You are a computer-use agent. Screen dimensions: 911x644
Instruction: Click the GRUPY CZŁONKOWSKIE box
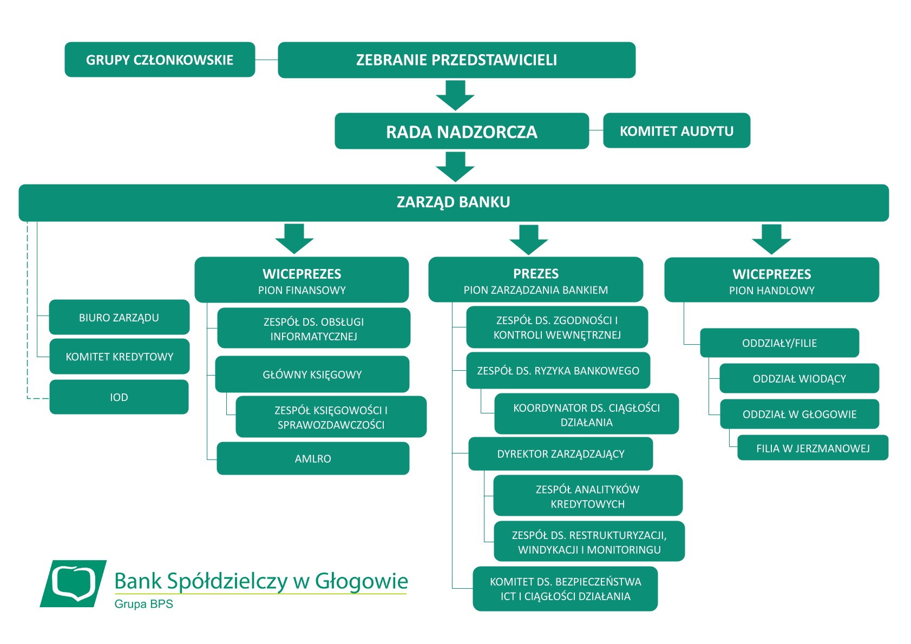pos(160,60)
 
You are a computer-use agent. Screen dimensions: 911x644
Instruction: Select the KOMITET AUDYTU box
pos(677,130)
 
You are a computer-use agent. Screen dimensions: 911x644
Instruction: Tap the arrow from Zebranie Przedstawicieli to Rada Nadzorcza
pos(455,95)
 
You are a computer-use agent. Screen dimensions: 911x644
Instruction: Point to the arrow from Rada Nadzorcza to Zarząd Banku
pos(455,167)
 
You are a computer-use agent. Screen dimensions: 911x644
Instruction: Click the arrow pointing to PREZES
pos(529,240)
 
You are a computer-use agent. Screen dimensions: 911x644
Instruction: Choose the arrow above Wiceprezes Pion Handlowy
pos(771,239)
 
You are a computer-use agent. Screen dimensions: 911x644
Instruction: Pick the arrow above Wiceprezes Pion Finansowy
pos(294,239)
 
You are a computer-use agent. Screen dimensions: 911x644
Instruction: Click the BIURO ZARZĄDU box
pos(119,317)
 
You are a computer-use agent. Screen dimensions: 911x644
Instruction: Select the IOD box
pos(119,397)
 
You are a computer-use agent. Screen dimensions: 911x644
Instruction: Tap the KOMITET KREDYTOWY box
pos(120,357)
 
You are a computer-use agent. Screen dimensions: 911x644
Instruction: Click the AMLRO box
pos(313,458)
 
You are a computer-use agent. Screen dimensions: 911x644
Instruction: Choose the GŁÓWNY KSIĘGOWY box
pos(312,374)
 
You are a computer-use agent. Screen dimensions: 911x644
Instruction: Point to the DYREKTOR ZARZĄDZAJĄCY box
pos(561,454)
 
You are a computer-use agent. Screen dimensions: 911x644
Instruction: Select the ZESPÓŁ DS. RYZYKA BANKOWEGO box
pos(558,370)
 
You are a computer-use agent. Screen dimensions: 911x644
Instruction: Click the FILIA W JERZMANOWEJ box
pos(813,448)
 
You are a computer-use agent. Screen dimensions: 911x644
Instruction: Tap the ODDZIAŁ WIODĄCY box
pos(799,378)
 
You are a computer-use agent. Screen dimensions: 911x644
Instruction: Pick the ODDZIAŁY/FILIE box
pos(779,343)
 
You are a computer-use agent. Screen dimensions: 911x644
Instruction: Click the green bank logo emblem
pos(73,583)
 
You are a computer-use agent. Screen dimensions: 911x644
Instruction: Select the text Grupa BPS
pos(144,604)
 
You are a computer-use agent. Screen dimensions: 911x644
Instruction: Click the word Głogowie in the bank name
pos(362,581)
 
